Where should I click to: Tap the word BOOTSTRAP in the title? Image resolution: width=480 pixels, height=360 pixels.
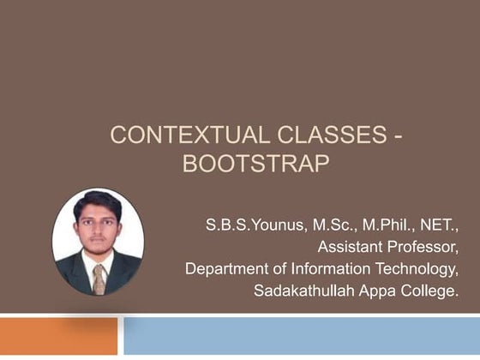pyautogui.click(x=255, y=164)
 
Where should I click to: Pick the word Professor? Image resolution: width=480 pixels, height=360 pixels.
pyautogui.click(x=423, y=248)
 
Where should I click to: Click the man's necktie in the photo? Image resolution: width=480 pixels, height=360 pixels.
pyautogui.click(x=99, y=279)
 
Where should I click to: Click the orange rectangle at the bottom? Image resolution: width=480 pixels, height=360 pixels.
pyautogui.click(x=58, y=336)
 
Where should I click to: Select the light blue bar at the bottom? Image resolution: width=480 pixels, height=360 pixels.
pyautogui.click(x=301, y=336)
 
